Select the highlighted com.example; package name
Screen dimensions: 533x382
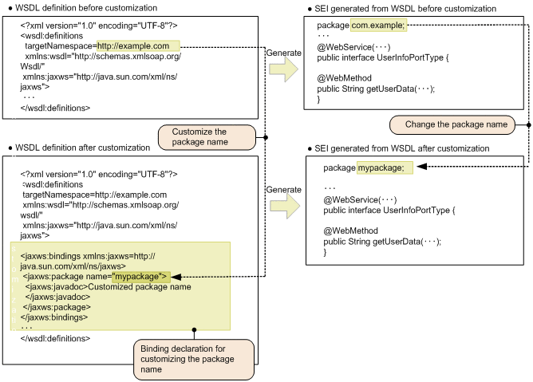tap(378, 26)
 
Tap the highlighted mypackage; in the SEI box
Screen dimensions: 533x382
tap(385, 167)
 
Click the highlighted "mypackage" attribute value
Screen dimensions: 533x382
tap(140, 277)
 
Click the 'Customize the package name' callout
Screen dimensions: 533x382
tap(207, 137)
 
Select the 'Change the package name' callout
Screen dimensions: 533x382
tap(452, 124)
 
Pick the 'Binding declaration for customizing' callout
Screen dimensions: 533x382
tap(194, 359)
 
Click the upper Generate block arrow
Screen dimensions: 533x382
tap(284, 69)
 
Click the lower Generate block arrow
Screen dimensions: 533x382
tap(285, 206)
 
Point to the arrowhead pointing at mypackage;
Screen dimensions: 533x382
tap(422, 167)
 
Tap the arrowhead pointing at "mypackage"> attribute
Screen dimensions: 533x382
tap(176, 277)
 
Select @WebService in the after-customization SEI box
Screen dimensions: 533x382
tap(352, 200)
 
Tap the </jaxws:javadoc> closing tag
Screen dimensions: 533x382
tap(57, 297)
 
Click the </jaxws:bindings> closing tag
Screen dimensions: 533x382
tap(54, 317)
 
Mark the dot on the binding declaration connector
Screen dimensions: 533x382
tap(194, 329)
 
